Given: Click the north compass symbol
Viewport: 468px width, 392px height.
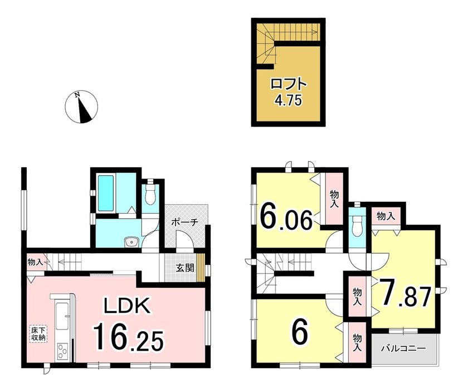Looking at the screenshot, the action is coord(81,107).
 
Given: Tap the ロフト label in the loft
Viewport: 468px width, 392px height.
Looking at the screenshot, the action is coord(289,84).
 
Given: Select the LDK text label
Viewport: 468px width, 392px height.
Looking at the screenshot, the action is coord(126,305).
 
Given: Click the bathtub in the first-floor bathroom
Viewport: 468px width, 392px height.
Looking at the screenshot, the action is coord(106,193).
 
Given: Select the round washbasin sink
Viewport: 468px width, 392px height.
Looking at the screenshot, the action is coord(131,242).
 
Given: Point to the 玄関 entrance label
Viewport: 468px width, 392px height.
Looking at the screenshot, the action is coord(185,268).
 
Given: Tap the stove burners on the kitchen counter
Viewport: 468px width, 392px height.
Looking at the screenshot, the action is coord(62,352).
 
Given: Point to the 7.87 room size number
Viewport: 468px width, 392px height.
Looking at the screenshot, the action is coord(404,292).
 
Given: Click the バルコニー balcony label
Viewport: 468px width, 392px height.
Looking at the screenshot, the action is coord(404,349).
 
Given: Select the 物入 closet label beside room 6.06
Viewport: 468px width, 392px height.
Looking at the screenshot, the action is coord(334,200).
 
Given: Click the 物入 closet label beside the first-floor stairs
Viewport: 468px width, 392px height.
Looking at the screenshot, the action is coord(35,263).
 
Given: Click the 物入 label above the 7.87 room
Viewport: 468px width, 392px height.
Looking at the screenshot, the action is coord(386,216).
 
